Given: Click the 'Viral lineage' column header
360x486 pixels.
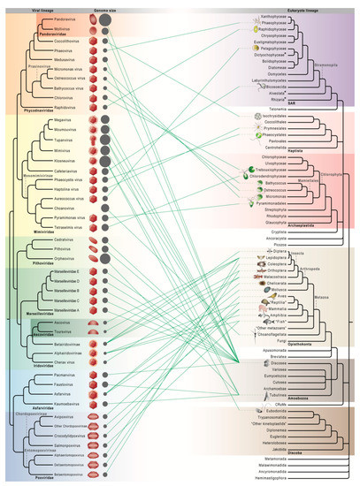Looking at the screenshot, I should click(45, 4).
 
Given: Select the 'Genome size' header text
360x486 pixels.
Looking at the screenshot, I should click(96, 4).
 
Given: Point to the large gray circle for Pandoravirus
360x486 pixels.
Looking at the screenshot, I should click(105, 18).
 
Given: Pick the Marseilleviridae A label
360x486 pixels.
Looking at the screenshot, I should click(66, 310).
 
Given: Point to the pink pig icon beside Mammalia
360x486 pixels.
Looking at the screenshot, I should click(263, 307).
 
